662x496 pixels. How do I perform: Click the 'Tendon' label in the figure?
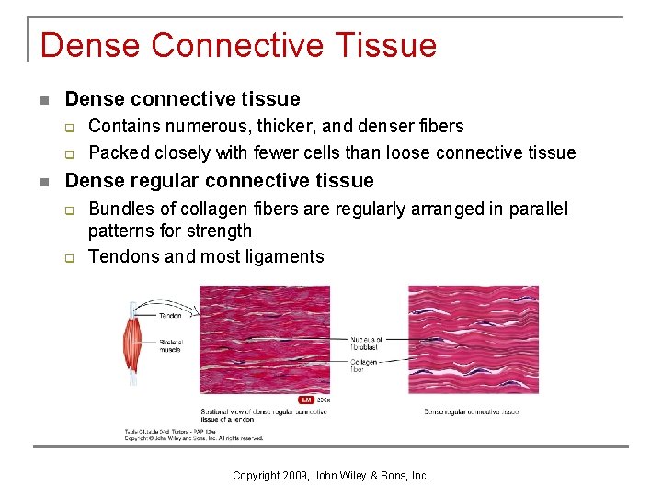coord(170,315)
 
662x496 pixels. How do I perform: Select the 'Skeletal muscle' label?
coord(171,345)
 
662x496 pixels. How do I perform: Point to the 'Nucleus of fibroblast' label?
coord(367,343)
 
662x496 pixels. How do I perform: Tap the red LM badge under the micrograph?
coord(307,400)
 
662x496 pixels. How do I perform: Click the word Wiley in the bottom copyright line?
coord(349,476)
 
